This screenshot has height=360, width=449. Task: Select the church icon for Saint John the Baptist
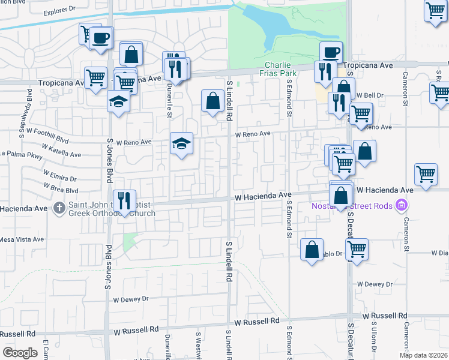pos(59,208)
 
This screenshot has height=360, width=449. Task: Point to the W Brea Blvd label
pos(60,190)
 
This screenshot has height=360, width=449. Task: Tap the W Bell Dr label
pos(370,95)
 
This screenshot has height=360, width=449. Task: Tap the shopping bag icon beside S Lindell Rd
pos(213,101)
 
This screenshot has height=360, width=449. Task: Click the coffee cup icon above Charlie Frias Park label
pos(331,53)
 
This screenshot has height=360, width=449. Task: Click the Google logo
pos(20,352)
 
